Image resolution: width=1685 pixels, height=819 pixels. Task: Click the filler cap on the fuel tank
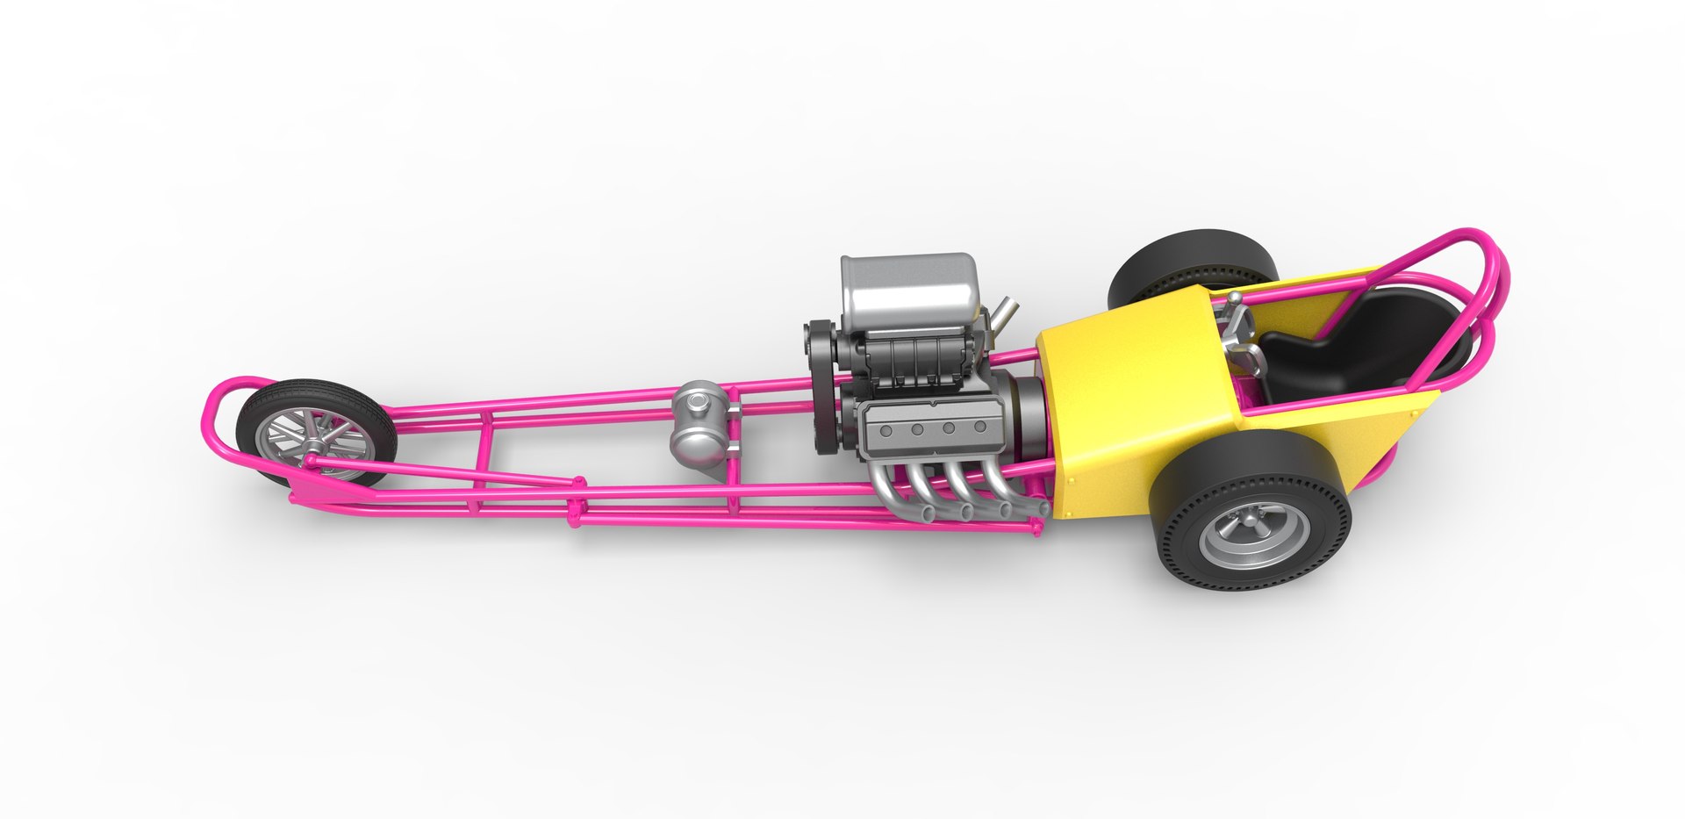[699, 401]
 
